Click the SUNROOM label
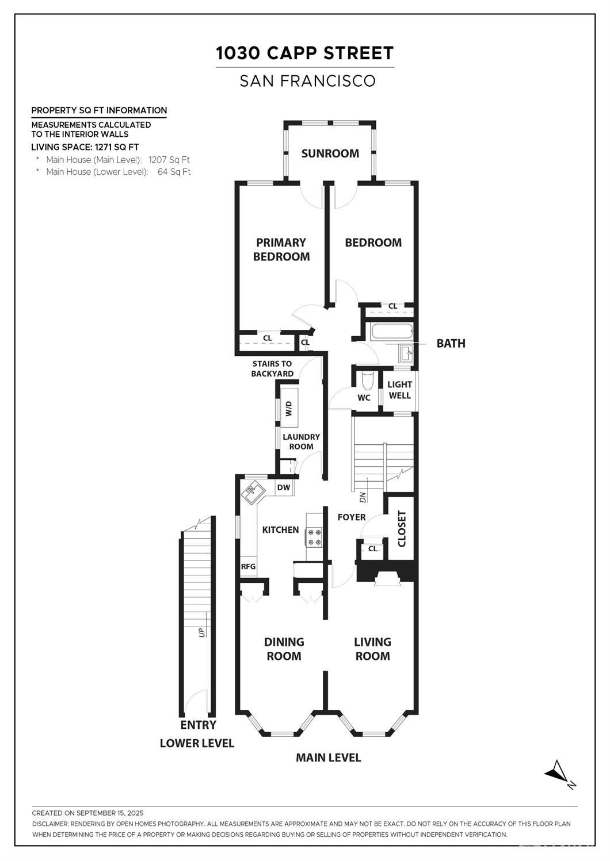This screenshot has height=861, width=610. click(330, 153)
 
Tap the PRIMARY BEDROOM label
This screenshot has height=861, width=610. click(281, 249)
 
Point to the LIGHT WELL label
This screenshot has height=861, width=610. click(399, 390)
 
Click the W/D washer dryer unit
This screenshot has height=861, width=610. click(289, 408)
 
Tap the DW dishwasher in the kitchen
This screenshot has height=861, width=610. click(284, 487)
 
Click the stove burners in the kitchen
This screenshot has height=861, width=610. click(314, 537)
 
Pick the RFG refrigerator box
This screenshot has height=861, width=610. click(248, 566)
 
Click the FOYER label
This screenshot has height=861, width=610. click(352, 517)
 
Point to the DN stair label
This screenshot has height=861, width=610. click(363, 498)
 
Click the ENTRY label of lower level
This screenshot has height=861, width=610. click(198, 725)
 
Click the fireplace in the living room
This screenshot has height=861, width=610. click(387, 578)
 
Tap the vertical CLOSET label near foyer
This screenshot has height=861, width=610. click(402, 529)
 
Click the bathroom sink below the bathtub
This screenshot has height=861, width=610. click(406, 353)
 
